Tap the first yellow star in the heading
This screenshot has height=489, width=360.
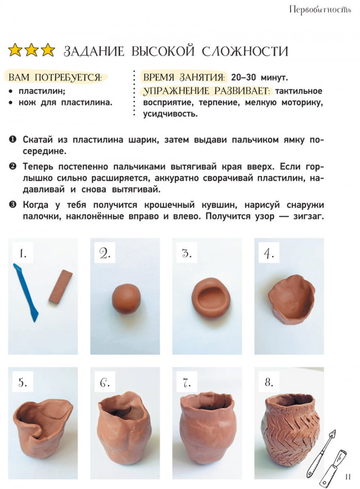click(15, 50)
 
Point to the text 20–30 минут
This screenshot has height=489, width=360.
click(259, 77)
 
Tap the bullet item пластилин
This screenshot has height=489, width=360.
click(42, 90)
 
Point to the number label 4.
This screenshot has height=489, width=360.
click(269, 253)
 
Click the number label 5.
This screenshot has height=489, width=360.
click(23, 382)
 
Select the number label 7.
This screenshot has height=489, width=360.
click(187, 382)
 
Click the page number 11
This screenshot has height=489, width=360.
click(348, 477)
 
